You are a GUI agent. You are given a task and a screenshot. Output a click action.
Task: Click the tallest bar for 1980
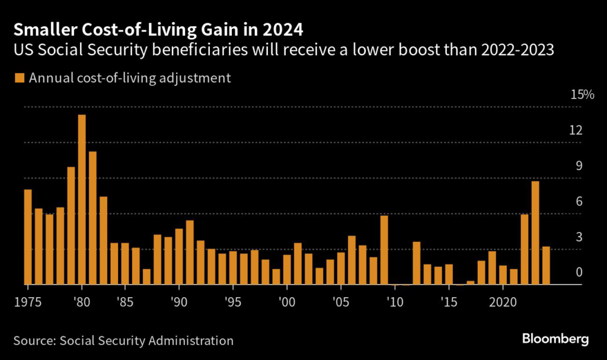tap(82, 199)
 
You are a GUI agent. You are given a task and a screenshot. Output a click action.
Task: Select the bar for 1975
tap(28, 237)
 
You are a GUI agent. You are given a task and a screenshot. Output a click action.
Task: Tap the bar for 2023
tap(535, 232)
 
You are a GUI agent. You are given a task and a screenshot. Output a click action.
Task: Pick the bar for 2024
tap(546, 266)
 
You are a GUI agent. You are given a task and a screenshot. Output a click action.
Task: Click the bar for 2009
tap(384, 250)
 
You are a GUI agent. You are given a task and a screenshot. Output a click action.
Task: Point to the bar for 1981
tap(92, 218)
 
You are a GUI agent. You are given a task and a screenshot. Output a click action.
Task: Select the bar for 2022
tap(525, 249)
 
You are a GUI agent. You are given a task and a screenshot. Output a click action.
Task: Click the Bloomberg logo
tap(555, 339)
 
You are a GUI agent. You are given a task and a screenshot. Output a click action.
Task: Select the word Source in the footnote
tap(34, 340)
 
